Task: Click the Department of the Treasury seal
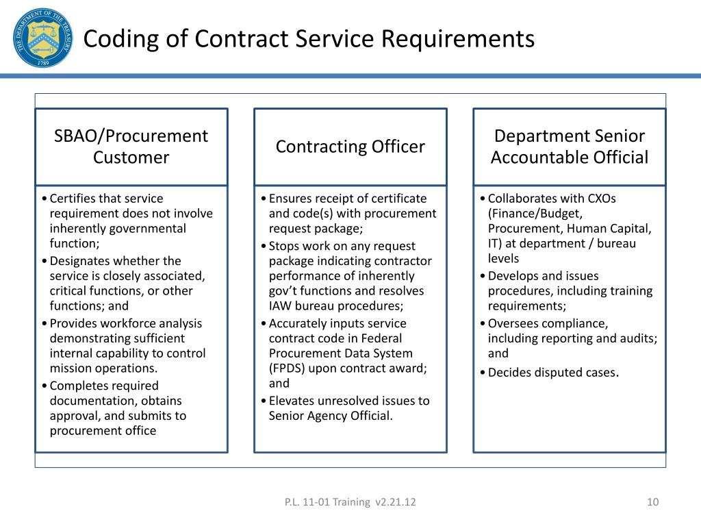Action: pos(41,38)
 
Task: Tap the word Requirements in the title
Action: pos(457,39)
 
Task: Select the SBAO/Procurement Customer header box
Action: pos(131,147)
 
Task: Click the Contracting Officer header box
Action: pos(350,147)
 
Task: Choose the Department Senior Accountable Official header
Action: pos(569,147)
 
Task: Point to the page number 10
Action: pos(652,503)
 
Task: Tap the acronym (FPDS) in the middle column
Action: pos(287,368)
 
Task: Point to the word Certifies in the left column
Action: pos(72,199)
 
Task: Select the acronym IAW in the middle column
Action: pos(280,306)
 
